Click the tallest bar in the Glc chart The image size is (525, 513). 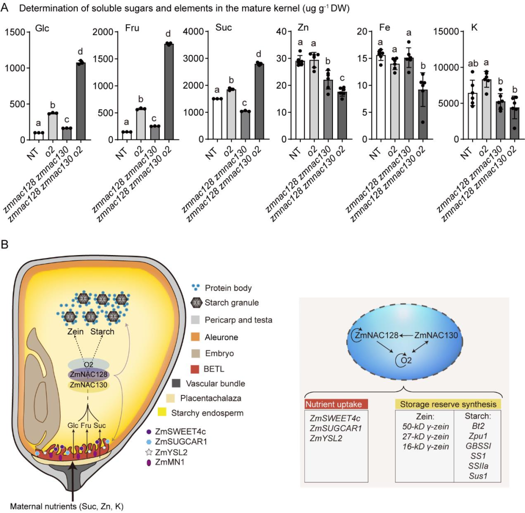81,101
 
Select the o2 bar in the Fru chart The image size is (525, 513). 140,124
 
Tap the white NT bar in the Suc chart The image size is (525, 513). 217,119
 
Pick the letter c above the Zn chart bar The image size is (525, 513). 342,78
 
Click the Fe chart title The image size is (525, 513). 385,27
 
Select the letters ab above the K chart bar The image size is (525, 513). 472,63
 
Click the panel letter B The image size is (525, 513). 5,245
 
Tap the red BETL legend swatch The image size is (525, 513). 195,369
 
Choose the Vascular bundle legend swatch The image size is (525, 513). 176,383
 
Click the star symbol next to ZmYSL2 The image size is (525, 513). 149,452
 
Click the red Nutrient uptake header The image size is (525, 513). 336,404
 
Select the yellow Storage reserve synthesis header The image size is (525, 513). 448,404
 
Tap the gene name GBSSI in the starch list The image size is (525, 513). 478,446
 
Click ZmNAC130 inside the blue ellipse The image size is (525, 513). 436,335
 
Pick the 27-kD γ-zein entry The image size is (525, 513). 425,436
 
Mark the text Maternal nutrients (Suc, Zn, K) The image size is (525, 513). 67,506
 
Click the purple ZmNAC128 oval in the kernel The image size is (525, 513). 88,375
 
